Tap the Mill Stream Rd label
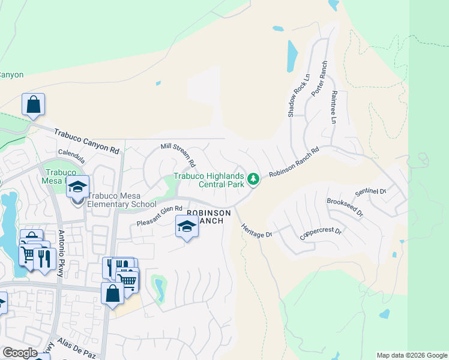click(x=178, y=155)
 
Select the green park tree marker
click(x=254, y=179)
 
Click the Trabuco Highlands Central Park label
click(x=209, y=180)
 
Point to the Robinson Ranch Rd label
click(x=293, y=162)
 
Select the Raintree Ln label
click(x=334, y=108)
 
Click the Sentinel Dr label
click(x=370, y=192)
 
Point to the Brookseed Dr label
click(x=345, y=208)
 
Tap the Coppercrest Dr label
click(x=321, y=233)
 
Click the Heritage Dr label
click(x=256, y=230)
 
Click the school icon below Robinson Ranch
click(x=187, y=227)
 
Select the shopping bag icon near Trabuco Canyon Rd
click(x=34, y=104)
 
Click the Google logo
click(x=20, y=353)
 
